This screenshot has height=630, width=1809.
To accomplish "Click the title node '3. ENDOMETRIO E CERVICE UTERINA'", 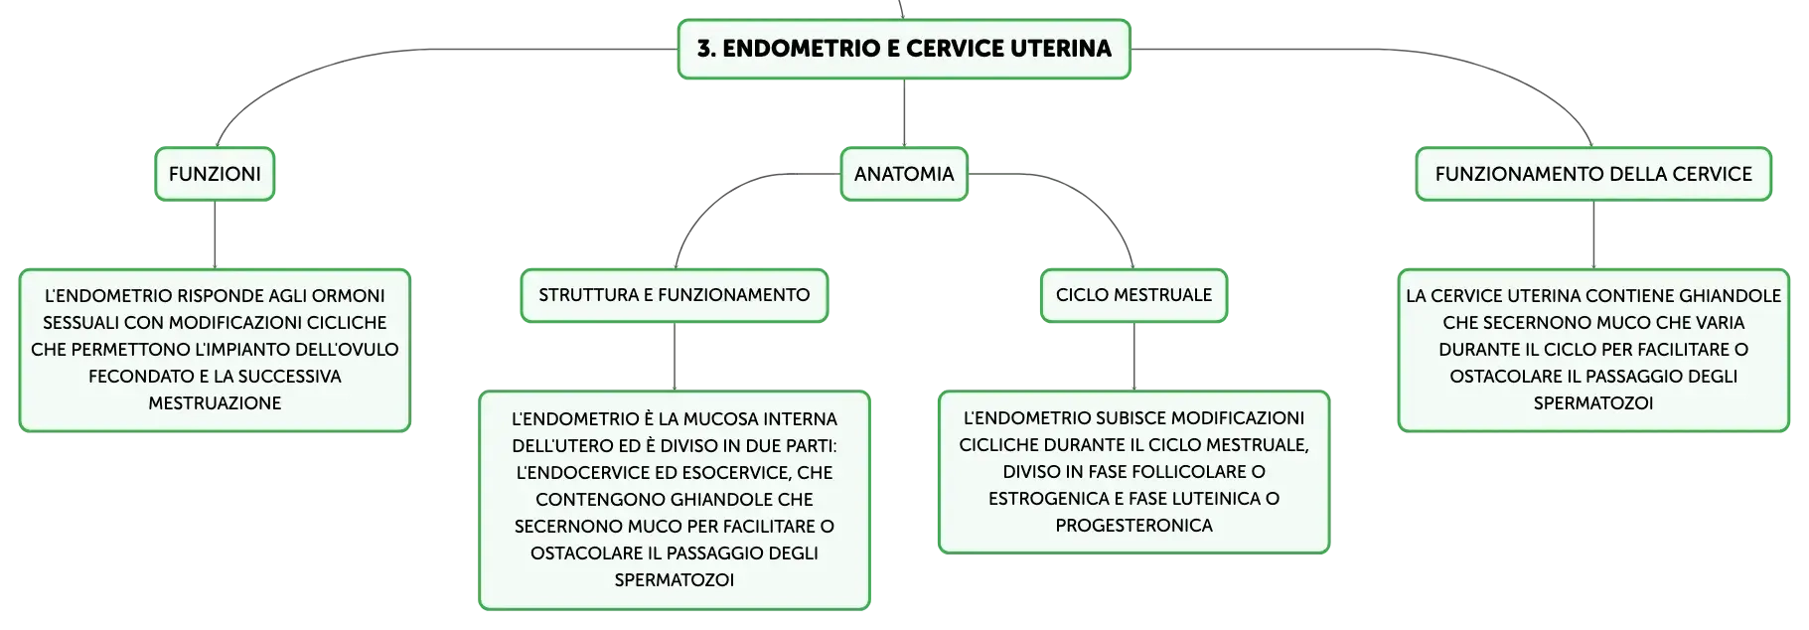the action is (x=904, y=49).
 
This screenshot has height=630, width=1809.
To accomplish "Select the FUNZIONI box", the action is (x=215, y=174).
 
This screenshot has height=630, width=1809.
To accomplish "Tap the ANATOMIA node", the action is (x=904, y=174).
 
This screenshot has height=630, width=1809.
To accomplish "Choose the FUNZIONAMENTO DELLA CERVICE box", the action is (x=1593, y=174).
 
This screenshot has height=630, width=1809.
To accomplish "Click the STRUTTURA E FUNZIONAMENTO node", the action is (x=675, y=295).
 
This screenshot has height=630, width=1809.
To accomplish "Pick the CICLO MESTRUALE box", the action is (x=1134, y=295).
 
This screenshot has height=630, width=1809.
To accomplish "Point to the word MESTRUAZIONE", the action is (x=215, y=403).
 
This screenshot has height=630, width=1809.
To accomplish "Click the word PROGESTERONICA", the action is (x=1134, y=526).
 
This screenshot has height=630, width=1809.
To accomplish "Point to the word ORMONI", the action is (x=348, y=296).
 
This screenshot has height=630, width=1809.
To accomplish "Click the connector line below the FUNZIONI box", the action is (x=215, y=235).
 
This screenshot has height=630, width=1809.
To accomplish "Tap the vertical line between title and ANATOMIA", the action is (x=904, y=113).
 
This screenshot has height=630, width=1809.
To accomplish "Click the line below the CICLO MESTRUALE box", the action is (x=1134, y=357).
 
